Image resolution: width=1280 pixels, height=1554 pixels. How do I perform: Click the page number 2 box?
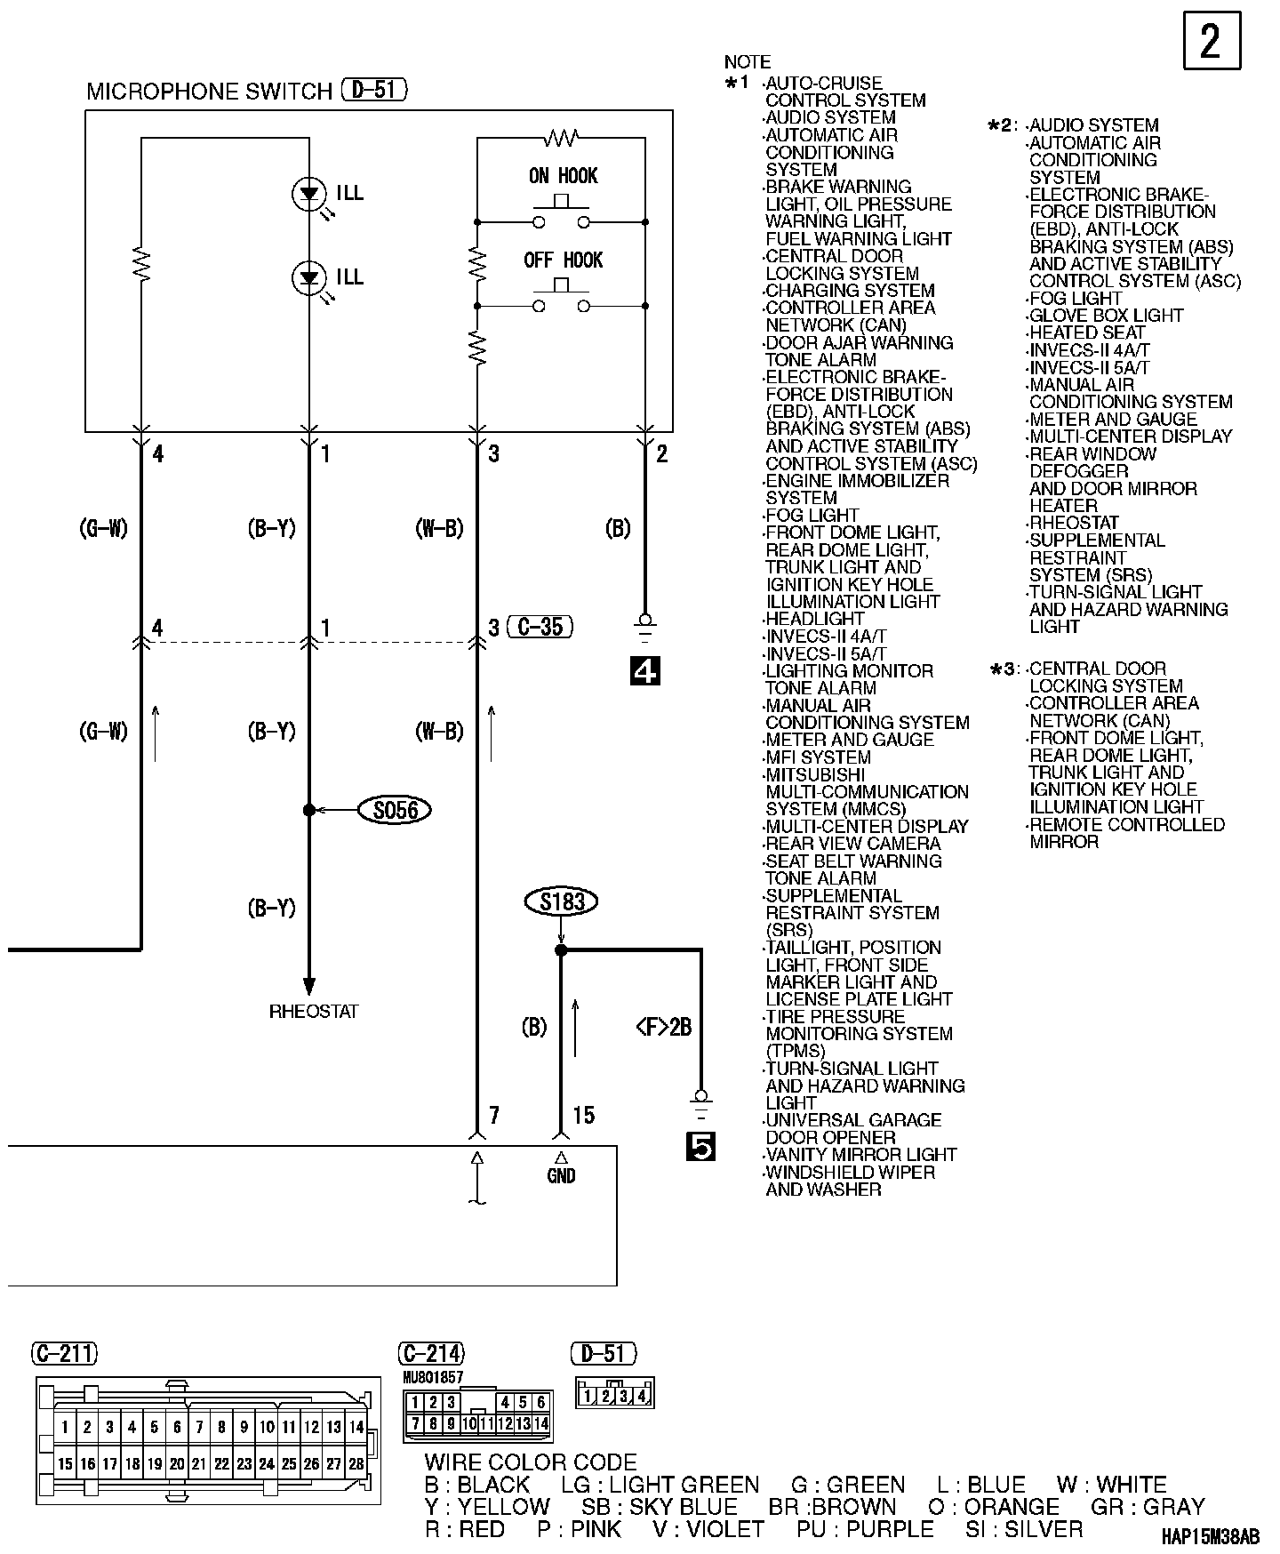tap(1212, 41)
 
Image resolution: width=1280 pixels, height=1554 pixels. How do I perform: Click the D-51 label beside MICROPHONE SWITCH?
tap(374, 90)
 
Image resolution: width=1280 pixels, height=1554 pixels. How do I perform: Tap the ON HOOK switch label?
tap(563, 175)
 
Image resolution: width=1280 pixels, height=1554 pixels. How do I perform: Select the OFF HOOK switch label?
tap(563, 260)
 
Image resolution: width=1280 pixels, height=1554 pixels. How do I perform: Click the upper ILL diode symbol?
tap(308, 194)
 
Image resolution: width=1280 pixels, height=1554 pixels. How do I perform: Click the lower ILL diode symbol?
tap(308, 278)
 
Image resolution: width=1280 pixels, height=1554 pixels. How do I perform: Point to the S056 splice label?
tap(394, 810)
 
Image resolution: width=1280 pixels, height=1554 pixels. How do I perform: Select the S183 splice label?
tap(561, 901)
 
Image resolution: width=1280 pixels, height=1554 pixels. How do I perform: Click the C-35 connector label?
tap(540, 627)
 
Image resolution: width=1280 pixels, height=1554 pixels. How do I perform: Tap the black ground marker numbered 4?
tap(644, 672)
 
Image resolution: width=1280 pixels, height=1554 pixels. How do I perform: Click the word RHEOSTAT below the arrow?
tap(314, 1012)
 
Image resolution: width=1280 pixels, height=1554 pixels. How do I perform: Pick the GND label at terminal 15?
tap(561, 1176)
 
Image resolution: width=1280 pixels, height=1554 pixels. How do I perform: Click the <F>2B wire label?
tap(663, 1027)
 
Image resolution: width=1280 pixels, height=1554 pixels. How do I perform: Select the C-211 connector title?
tap(64, 1353)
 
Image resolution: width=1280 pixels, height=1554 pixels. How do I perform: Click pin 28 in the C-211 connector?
tap(356, 1463)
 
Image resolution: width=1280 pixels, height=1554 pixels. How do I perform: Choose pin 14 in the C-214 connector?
tap(540, 1423)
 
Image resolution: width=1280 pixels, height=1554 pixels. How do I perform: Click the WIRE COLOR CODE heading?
tap(531, 1462)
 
